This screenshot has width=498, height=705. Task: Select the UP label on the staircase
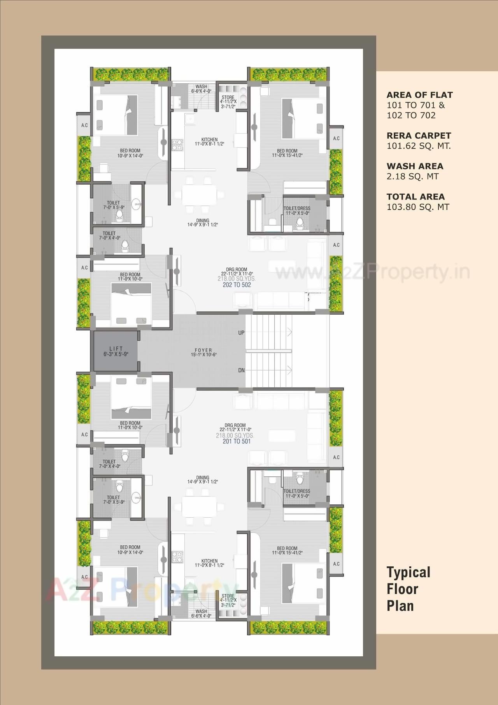241,333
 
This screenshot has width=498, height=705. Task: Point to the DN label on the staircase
241,370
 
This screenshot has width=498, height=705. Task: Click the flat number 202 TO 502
237,285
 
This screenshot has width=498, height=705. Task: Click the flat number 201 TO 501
237,441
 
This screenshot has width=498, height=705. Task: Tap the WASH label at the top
201,86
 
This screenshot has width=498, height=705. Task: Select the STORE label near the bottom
228,596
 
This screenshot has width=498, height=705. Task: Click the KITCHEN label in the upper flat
209,139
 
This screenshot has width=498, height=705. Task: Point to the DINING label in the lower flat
203,478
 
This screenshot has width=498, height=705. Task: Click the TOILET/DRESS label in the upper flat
297,209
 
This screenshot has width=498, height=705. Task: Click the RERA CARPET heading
419,136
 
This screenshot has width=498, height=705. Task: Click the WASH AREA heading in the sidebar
415,166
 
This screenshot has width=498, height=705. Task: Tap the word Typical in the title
409,572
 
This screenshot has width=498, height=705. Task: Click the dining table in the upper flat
198,194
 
